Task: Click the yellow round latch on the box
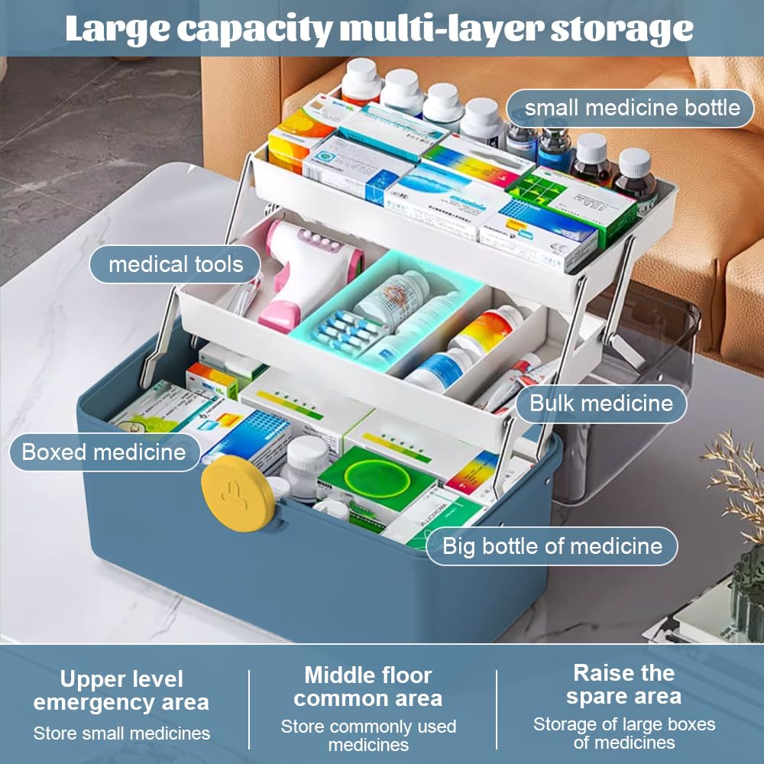coord(238,493)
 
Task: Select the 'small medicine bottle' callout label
coord(630,108)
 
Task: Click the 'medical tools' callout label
coord(175,264)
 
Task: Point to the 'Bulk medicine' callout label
coord(601,403)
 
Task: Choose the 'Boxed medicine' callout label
coord(104,452)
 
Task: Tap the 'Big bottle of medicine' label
coord(552,546)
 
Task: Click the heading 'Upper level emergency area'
coord(121,691)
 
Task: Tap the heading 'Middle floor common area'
coord(368,687)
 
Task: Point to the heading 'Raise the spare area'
coord(623,685)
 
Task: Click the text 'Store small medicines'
coord(121,733)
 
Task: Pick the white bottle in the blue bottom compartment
coord(306,467)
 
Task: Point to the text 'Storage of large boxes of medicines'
coord(623,733)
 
